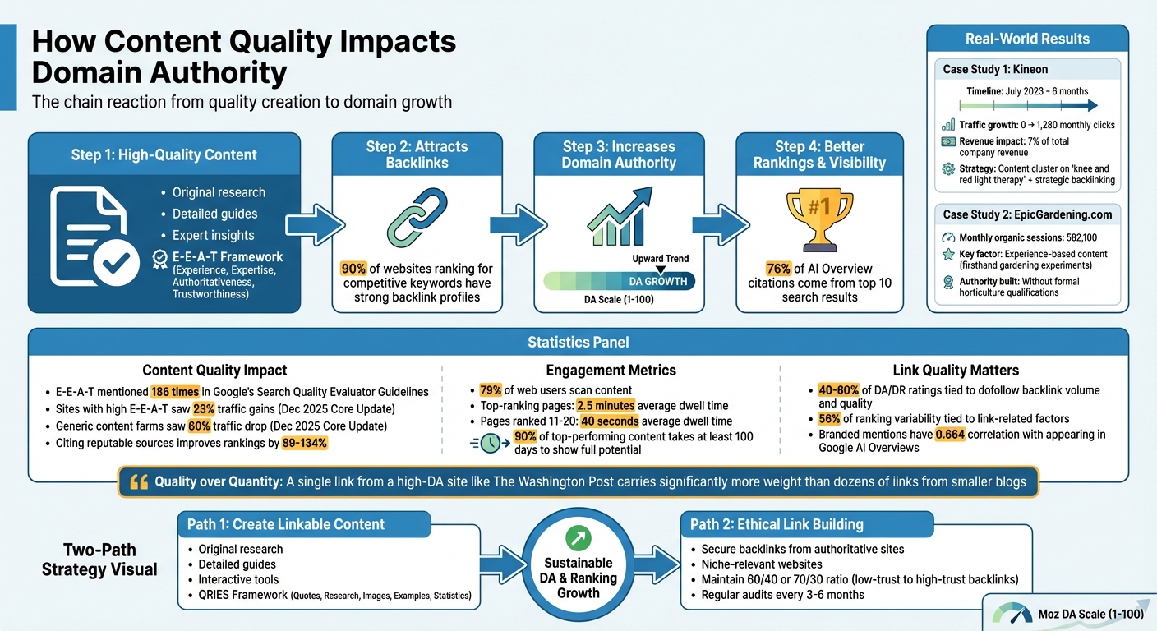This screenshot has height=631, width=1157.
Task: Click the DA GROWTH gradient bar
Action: (619, 282)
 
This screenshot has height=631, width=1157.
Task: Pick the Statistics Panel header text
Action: (578, 342)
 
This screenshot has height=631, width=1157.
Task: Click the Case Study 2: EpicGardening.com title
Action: (1027, 214)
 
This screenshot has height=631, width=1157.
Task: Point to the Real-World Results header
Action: (1027, 39)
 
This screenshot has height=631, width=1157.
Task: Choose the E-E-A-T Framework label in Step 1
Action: (228, 256)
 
